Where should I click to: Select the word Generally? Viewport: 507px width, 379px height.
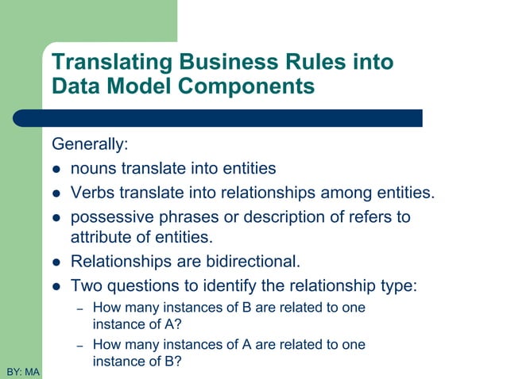pos(89,145)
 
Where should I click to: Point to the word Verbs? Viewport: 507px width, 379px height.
pos(93,192)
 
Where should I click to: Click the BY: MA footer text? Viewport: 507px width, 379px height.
pos(22,371)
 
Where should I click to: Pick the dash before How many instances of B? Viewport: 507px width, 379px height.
pos(79,308)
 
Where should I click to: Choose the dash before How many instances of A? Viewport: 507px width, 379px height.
pos(79,345)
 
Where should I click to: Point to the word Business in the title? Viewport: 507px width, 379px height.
pos(225,62)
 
